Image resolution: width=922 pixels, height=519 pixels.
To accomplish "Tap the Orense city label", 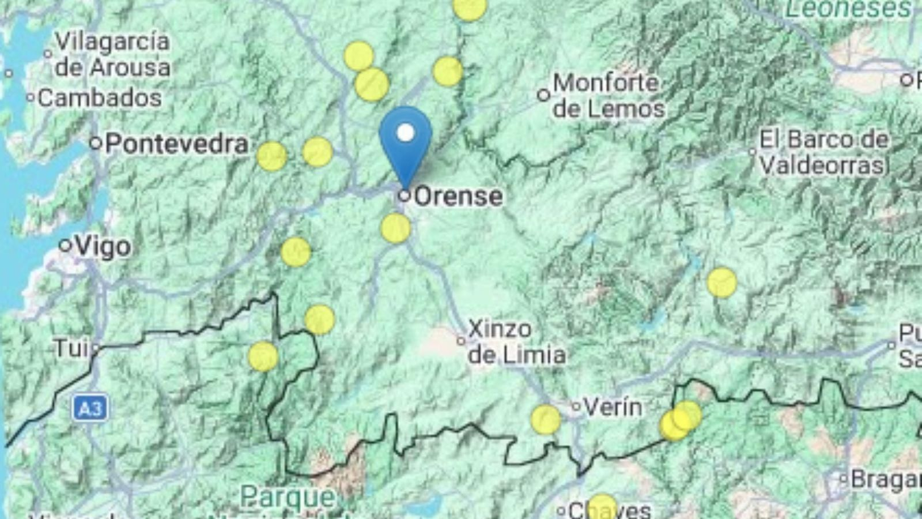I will (x=458, y=197).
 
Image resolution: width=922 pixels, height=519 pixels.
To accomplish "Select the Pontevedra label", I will (x=176, y=144).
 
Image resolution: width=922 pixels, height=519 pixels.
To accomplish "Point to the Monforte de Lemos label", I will (x=609, y=96).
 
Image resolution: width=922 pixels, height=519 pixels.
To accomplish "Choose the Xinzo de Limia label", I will (x=516, y=342).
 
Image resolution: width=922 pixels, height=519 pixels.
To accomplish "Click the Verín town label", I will (x=613, y=407).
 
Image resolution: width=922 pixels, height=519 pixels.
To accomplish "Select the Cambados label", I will (x=100, y=98).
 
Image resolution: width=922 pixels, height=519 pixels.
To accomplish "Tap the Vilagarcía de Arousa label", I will (x=113, y=54).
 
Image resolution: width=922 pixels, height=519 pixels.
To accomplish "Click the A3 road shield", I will (x=90, y=409).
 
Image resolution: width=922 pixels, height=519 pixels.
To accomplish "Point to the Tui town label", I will (x=71, y=348).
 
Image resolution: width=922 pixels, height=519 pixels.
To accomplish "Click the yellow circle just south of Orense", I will (x=396, y=228).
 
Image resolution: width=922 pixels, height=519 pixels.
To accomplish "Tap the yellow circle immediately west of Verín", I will (x=545, y=419).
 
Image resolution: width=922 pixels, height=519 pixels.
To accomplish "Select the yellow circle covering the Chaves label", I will (x=602, y=507).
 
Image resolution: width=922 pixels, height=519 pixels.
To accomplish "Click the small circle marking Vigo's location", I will (x=66, y=246).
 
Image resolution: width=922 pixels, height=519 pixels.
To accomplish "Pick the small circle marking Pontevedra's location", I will (x=96, y=143).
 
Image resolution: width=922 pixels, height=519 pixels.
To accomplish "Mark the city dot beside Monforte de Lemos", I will (x=543, y=95).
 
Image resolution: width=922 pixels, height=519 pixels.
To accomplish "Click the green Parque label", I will (x=287, y=496).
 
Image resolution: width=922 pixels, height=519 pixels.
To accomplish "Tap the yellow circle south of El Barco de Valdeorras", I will (x=721, y=283).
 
